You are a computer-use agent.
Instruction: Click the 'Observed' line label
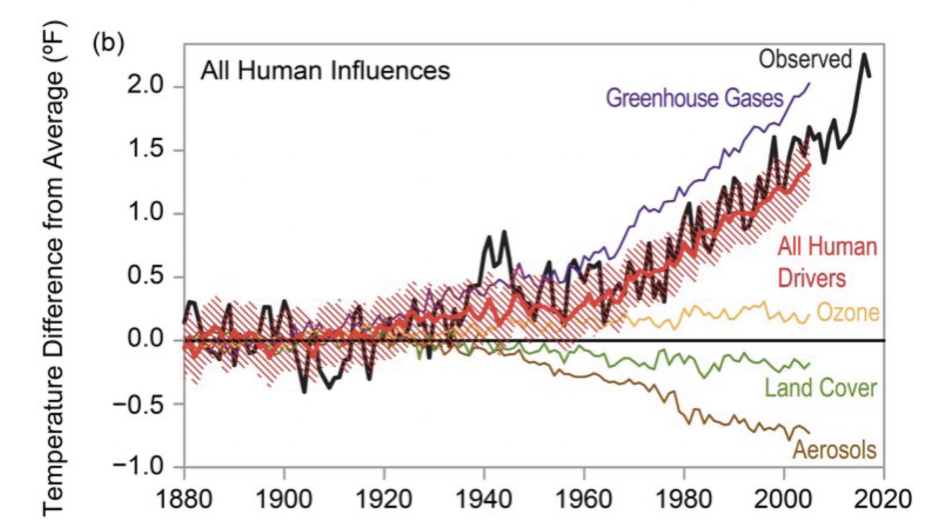[x=805, y=60]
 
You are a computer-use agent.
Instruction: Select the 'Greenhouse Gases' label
[x=694, y=99]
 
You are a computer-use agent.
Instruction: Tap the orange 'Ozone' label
[x=847, y=312]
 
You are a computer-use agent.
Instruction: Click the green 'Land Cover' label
[x=821, y=388]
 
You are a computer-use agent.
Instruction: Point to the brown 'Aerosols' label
[x=834, y=450]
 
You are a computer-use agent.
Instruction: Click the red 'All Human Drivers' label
[x=826, y=262]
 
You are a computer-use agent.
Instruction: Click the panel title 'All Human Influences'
[x=325, y=71]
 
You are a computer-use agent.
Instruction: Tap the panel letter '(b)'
[x=108, y=44]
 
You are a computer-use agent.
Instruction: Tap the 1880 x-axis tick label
[x=184, y=499]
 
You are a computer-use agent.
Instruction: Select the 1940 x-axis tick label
[x=484, y=499]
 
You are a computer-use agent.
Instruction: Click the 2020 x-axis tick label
[x=883, y=499]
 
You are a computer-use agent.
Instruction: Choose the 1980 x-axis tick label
[x=684, y=499]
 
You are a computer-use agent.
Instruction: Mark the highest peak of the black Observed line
[x=864, y=55]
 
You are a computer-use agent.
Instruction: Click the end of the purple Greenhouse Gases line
[x=809, y=84]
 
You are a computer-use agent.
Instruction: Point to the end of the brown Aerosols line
[x=809, y=433]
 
